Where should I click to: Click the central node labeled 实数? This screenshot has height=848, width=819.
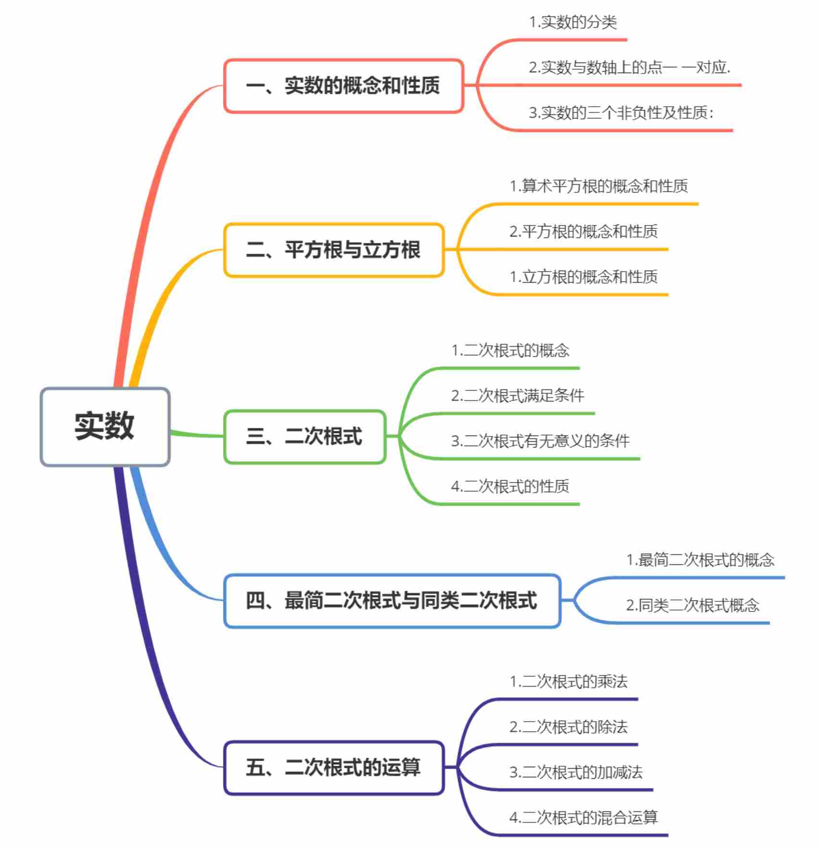click(105, 426)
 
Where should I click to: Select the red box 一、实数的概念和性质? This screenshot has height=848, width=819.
click(343, 86)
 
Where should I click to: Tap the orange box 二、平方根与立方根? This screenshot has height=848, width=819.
click(334, 250)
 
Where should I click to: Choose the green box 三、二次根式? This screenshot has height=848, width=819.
click(305, 436)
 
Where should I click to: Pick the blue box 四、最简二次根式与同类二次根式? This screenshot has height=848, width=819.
click(392, 601)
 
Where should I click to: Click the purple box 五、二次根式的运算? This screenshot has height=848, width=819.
click(334, 767)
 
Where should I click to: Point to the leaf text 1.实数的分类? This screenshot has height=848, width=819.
click(573, 22)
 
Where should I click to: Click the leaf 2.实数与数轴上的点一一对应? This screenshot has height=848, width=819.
click(630, 67)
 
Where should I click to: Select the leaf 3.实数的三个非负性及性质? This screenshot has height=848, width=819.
click(621, 113)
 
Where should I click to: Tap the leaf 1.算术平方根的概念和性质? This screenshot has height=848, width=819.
click(599, 186)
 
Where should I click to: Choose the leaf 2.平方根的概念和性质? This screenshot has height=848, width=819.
click(583, 232)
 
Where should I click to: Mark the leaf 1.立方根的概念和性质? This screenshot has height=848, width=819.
click(583, 277)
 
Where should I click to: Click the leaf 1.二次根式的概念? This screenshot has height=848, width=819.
click(510, 350)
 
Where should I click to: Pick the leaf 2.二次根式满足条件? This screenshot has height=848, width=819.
click(518, 396)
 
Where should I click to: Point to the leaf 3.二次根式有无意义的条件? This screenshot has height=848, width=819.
click(540, 441)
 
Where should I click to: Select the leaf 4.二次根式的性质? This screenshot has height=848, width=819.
click(510, 486)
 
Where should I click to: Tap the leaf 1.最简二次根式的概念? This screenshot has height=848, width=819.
click(700, 560)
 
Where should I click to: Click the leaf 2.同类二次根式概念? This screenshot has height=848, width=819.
click(693, 605)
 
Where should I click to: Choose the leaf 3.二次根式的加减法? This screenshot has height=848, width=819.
click(576, 773)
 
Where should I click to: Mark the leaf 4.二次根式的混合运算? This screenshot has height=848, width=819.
click(583, 818)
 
